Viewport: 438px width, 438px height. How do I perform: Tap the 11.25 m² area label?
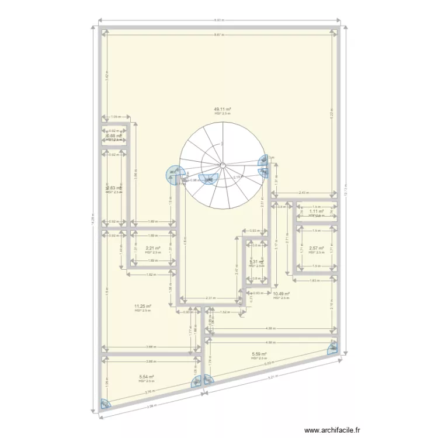click(x=143, y=306)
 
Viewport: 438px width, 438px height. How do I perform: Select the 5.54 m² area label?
click(x=147, y=377)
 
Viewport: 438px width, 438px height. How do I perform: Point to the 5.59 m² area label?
click(x=259, y=353)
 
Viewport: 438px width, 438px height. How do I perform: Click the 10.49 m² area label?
click(x=281, y=294)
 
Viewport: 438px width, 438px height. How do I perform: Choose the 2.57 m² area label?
click(x=316, y=248)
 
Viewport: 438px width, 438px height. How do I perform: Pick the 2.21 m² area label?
click(x=153, y=248)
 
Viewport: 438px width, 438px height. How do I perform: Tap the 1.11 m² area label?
click(x=316, y=211)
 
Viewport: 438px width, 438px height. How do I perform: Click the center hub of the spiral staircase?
click(x=223, y=165)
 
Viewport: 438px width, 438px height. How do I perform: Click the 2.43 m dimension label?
click(x=304, y=192)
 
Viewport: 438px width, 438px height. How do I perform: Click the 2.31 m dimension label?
click(x=210, y=298)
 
